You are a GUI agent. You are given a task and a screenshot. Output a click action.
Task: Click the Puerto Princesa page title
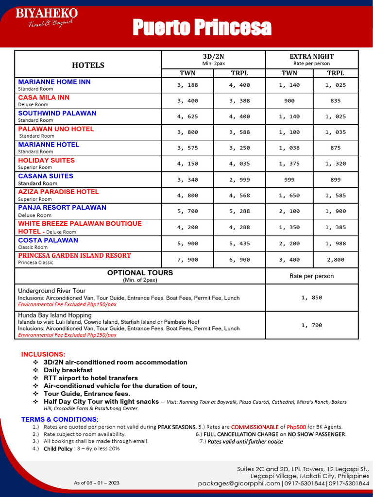202,28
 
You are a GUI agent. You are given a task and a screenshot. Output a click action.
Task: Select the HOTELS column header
88,65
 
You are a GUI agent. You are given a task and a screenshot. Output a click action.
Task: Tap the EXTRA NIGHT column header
311,56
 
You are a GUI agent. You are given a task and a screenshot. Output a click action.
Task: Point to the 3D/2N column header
213,56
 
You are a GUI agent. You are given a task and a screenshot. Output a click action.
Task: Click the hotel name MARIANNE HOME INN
54,82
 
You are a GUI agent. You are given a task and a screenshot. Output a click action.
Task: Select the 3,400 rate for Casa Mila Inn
187,101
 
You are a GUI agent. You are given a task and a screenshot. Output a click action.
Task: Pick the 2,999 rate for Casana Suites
239,180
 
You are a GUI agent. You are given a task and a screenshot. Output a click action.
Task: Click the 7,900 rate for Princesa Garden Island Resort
187,260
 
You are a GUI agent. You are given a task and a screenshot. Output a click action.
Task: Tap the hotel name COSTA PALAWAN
48,240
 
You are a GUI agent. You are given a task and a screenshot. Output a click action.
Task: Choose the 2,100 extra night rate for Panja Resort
289,211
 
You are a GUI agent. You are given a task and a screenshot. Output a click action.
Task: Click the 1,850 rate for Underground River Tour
311,298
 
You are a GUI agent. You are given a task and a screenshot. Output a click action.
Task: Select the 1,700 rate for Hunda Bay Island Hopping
311,325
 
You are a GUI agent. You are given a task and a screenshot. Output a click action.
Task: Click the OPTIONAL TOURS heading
140,273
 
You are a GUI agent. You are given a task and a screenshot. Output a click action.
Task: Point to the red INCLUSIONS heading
43,354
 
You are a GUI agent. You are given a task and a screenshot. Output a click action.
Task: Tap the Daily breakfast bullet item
68,370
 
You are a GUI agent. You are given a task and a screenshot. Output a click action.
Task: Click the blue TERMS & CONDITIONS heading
60,419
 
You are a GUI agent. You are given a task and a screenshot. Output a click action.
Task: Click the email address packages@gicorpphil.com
239,483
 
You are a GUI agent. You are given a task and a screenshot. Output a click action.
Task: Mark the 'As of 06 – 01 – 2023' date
97,483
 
